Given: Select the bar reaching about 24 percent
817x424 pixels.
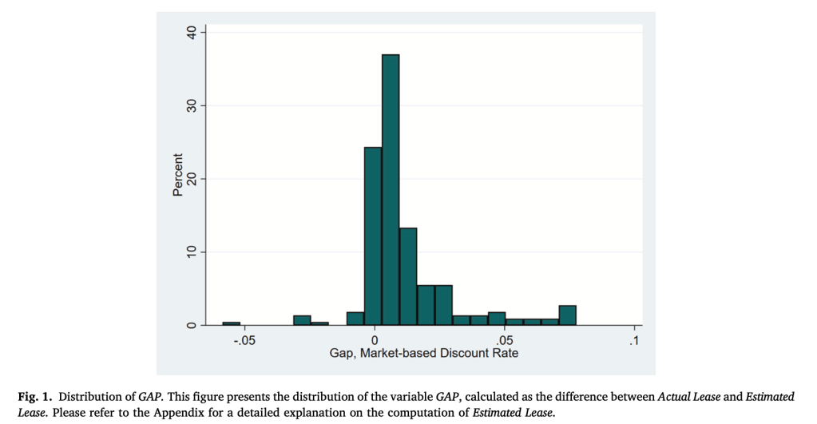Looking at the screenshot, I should (x=373, y=236).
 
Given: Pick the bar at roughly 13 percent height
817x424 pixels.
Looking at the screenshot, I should (x=408, y=277).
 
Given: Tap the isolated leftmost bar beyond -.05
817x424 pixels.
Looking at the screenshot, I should (x=231, y=323).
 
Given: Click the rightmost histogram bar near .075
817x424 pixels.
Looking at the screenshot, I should (x=567, y=315).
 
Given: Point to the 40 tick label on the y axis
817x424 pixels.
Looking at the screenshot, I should (x=191, y=33).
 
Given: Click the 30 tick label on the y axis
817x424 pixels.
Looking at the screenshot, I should (x=191, y=106).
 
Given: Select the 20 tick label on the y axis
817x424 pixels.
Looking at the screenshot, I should (x=191, y=179).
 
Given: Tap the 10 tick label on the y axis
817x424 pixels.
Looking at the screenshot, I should (x=191, y=252).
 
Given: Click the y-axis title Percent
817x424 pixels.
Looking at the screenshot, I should (x=177, y=175).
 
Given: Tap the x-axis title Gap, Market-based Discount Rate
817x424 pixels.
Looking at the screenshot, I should (x=424, y=353).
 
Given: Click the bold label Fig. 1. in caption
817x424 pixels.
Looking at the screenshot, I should (x=34, y=397).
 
